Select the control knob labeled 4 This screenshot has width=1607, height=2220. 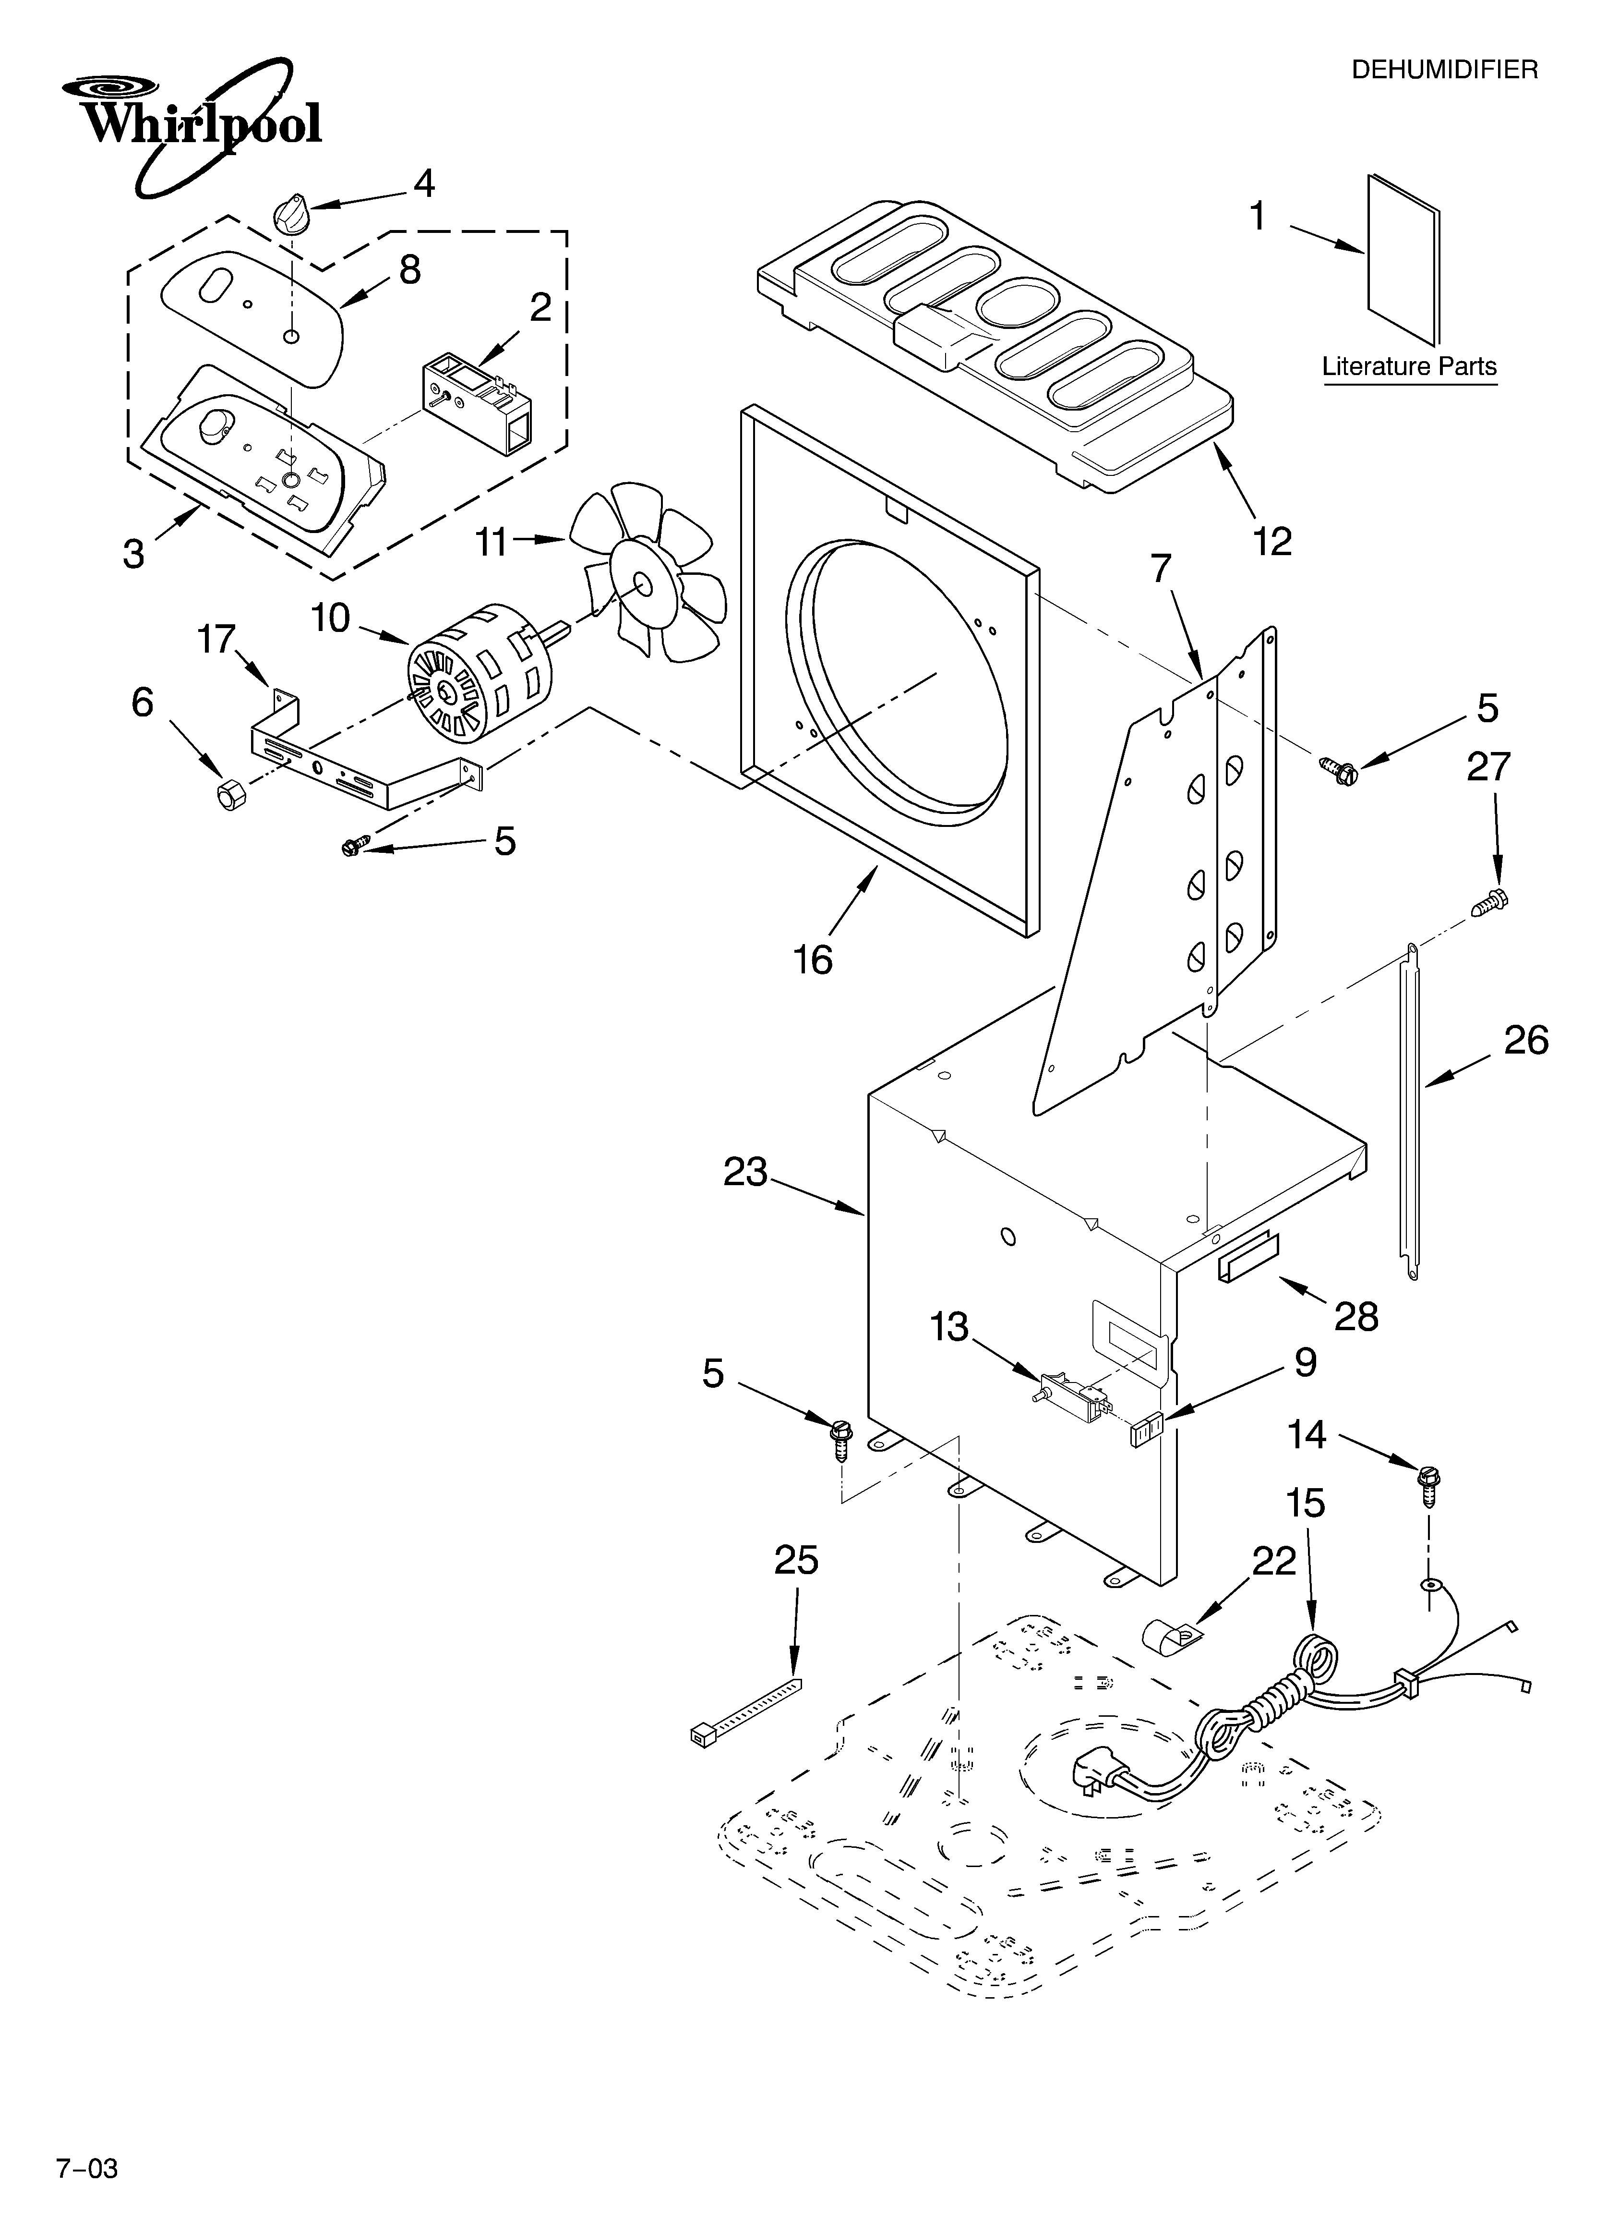(291, 213)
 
